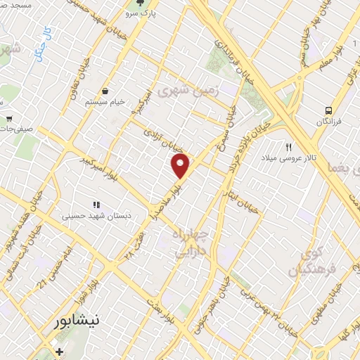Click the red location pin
coord(181,166)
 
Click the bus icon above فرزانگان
coord(328,110)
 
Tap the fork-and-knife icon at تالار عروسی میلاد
coord(288,147)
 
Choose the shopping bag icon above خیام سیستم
coord(105,91)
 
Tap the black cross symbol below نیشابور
coord(60,352)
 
